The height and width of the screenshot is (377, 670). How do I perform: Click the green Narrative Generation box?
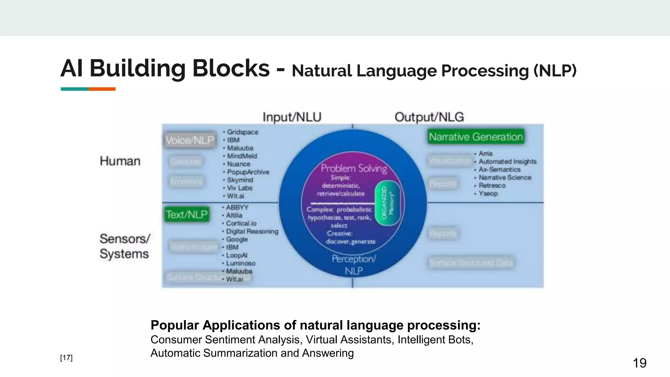click(476, 137)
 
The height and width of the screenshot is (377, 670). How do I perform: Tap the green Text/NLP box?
click(187, 214)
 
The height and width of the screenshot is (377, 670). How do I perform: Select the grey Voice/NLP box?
click(190, 140)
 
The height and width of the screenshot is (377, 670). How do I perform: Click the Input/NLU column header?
click(292, 117)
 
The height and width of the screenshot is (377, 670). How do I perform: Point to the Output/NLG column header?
click(429, 117)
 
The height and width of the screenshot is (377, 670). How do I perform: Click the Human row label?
click(120, 161)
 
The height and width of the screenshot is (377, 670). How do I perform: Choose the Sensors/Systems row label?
click(125, 246)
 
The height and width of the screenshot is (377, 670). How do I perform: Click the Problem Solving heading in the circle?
click(354, 168)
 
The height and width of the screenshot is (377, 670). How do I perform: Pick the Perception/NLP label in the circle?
click(354, 265)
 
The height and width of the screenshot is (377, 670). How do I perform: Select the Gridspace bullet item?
click(242, 132)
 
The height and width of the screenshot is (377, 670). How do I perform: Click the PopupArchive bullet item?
click(248, 172)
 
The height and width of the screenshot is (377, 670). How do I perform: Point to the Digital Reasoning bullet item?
click(252, 231)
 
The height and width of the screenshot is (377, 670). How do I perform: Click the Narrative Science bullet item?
click(505, 178)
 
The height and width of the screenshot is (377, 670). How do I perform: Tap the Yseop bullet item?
click(488, 194)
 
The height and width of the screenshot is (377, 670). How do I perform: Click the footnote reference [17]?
click(66, 358)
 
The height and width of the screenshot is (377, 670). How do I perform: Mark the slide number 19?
click(639, 363)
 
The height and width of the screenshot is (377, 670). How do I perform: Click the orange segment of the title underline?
click(102, 89)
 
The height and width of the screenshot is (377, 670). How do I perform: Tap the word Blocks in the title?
click(231, 69)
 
